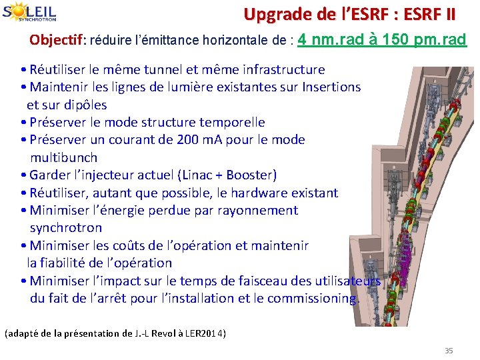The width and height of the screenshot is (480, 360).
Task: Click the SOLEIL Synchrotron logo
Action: coord(29,13)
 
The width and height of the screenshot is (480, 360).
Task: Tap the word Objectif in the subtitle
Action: coord(54,40)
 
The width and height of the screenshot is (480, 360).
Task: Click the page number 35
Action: coord(449,351)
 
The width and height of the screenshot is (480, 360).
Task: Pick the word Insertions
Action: coord(331,87)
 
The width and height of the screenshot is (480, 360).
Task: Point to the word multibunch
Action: coord(63,157)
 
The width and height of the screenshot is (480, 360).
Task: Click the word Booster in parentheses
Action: coord(250,175)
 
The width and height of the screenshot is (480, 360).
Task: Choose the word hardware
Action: coord(261,193)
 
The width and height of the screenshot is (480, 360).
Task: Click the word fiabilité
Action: coord(69,263)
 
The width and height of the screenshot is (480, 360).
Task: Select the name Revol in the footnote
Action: coord(163,333)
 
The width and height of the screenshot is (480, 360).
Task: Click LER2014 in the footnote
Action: coord(203,333)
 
